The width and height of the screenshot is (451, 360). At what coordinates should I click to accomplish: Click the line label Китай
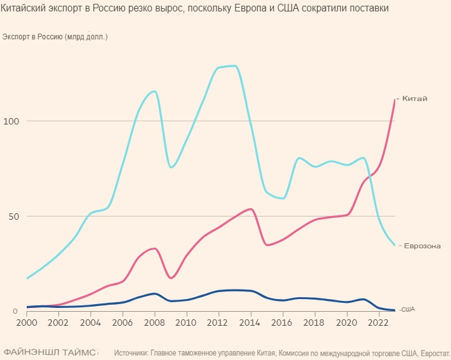coord(415,98)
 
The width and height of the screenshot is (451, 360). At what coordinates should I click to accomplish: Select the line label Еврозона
coord(422,246)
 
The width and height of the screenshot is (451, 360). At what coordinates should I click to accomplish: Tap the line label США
coord(408,309)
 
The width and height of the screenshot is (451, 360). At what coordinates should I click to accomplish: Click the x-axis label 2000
coord(27,323)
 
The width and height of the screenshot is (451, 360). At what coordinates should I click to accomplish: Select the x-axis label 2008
coord(154,323)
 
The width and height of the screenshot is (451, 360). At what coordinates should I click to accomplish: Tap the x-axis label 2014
coord(250,323)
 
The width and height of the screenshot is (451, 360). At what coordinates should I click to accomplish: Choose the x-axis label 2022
coord(378,323)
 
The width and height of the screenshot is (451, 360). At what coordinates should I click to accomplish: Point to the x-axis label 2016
coord(282,323)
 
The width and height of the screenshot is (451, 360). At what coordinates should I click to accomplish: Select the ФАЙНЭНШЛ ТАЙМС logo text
coord(50,351)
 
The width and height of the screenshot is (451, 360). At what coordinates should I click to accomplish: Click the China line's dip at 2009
coord(171,278)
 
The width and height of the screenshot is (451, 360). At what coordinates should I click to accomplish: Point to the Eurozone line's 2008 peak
coord(154,91)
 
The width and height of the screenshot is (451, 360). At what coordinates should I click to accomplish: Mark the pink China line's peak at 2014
coord(251,209)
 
